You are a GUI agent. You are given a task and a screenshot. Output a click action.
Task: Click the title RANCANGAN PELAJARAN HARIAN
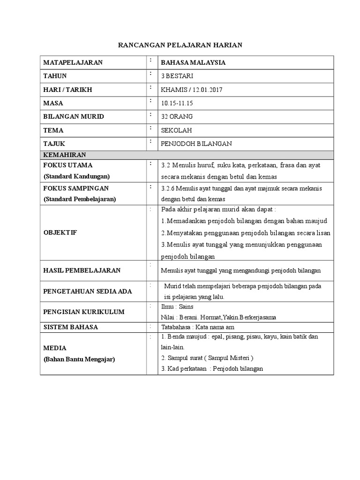point(180,45)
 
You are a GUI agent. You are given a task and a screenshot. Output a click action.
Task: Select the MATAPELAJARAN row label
point(73,62)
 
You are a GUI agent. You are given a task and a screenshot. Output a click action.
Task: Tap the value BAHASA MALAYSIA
point(193,62)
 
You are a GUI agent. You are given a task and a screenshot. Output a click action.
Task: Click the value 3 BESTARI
point(176,76)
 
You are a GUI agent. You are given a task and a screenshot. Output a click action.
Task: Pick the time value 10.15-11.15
point(178,103)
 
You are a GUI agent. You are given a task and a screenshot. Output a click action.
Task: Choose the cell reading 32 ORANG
point(177,116)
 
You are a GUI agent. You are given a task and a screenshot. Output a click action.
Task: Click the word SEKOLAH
point(176,130)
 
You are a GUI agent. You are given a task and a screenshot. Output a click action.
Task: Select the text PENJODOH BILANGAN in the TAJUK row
point(196,144)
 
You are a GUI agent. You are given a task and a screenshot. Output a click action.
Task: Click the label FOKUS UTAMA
point(68,165)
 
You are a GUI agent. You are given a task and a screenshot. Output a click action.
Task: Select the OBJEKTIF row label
point(60,232)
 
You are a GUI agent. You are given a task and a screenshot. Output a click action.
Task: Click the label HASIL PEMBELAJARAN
point(82,270)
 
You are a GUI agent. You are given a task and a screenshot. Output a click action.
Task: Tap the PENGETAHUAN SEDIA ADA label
point(88,291)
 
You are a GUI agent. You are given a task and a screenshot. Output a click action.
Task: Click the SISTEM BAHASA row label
point(70,327)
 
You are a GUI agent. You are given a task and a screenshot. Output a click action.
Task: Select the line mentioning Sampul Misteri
point(207,358)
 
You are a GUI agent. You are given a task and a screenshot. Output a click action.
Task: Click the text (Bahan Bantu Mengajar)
point(79,359)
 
